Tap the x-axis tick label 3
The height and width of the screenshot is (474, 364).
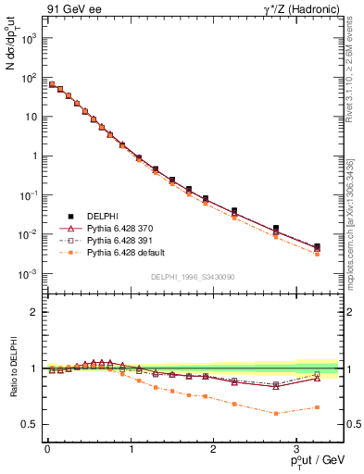[295, 447]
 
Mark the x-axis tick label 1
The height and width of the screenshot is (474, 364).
[130, 447]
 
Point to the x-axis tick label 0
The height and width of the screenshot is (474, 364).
[47, 447]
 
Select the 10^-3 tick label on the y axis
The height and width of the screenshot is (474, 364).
[27, 274]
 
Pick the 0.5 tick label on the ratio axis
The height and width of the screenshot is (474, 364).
[27, 424]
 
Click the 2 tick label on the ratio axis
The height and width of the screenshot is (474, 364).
[31, 312]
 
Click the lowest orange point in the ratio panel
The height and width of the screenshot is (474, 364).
[276, 413]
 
